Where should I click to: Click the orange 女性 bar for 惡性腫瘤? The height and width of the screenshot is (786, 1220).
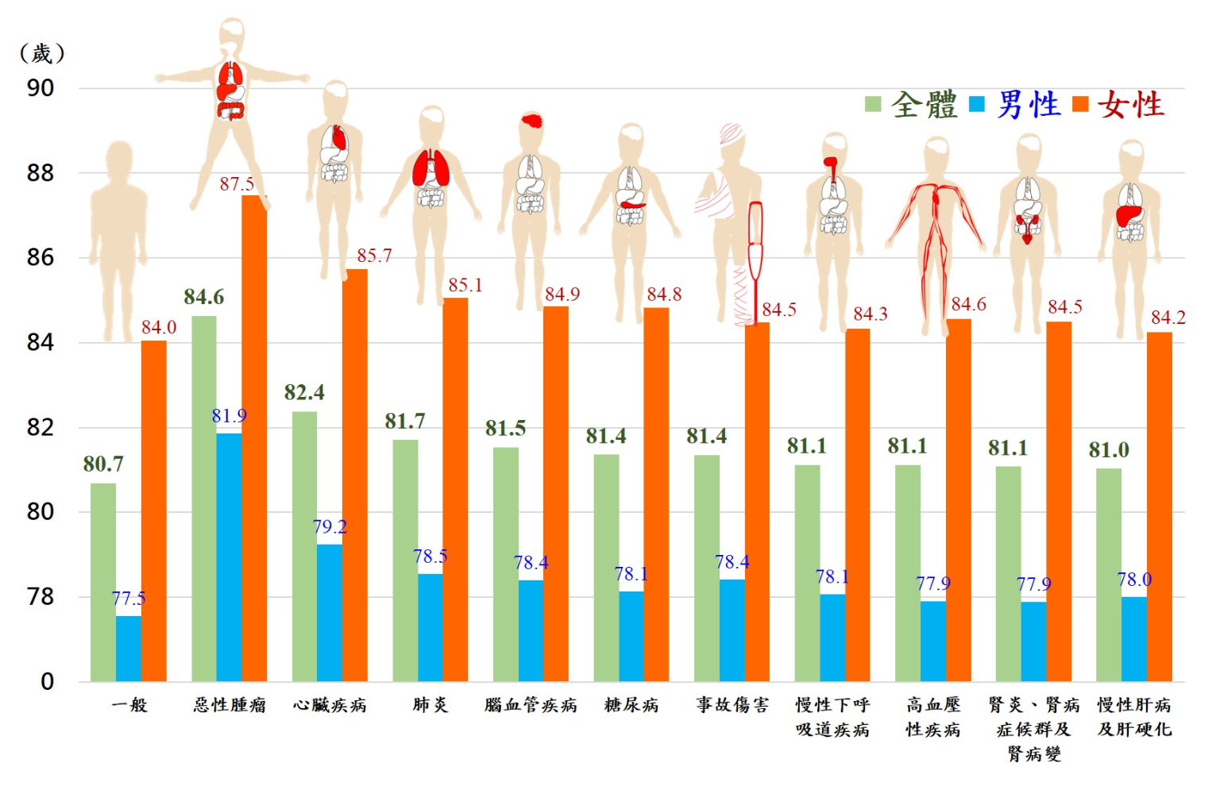(x=254, y=437)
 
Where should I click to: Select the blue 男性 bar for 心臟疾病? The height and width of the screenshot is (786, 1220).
(x=330, y=612)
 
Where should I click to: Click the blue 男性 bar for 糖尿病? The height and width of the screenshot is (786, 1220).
(x=631, y=636)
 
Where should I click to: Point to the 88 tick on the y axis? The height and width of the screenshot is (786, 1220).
(x=41, y=173)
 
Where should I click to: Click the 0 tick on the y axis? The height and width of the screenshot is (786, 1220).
(x=48, y=681)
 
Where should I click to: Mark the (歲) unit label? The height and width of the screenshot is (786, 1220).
(x=41, y=54)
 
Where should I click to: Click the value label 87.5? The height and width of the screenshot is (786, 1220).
(x=237, y=184)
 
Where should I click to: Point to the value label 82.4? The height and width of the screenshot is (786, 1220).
(x=304, y=392)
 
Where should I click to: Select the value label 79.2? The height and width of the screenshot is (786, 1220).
(x=330, y=527)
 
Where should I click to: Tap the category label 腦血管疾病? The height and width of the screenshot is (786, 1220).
(x=531, y=705)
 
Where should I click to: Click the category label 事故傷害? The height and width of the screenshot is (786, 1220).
(x=732, y=705)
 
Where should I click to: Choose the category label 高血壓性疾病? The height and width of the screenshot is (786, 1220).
(x=933, y=717)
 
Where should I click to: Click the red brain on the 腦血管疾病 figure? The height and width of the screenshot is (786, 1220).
(x=532, y=121)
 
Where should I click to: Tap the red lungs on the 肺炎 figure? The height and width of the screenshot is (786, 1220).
(x=430, y=168)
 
